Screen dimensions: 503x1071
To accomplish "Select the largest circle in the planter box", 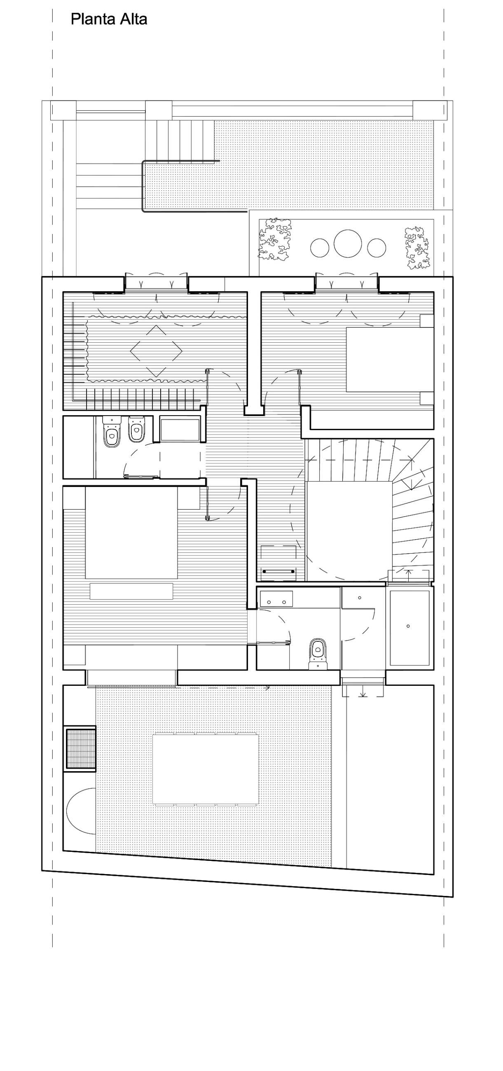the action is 348,244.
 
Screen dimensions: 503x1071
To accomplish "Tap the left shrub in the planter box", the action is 275,240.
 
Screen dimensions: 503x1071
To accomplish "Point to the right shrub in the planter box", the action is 417,248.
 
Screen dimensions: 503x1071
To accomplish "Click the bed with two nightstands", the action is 131,533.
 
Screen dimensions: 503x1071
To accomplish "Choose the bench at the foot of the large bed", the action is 131,591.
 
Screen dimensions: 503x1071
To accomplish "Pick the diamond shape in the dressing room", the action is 156,351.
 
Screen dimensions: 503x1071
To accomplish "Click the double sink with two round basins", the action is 276,599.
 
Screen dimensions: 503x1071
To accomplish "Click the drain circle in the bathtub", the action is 408,626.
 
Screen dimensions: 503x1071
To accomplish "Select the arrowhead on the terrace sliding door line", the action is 267,687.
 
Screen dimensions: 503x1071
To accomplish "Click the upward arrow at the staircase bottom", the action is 409,575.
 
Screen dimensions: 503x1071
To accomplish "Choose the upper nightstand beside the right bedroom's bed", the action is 426,321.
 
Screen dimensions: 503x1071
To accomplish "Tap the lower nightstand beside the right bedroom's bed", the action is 426,398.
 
